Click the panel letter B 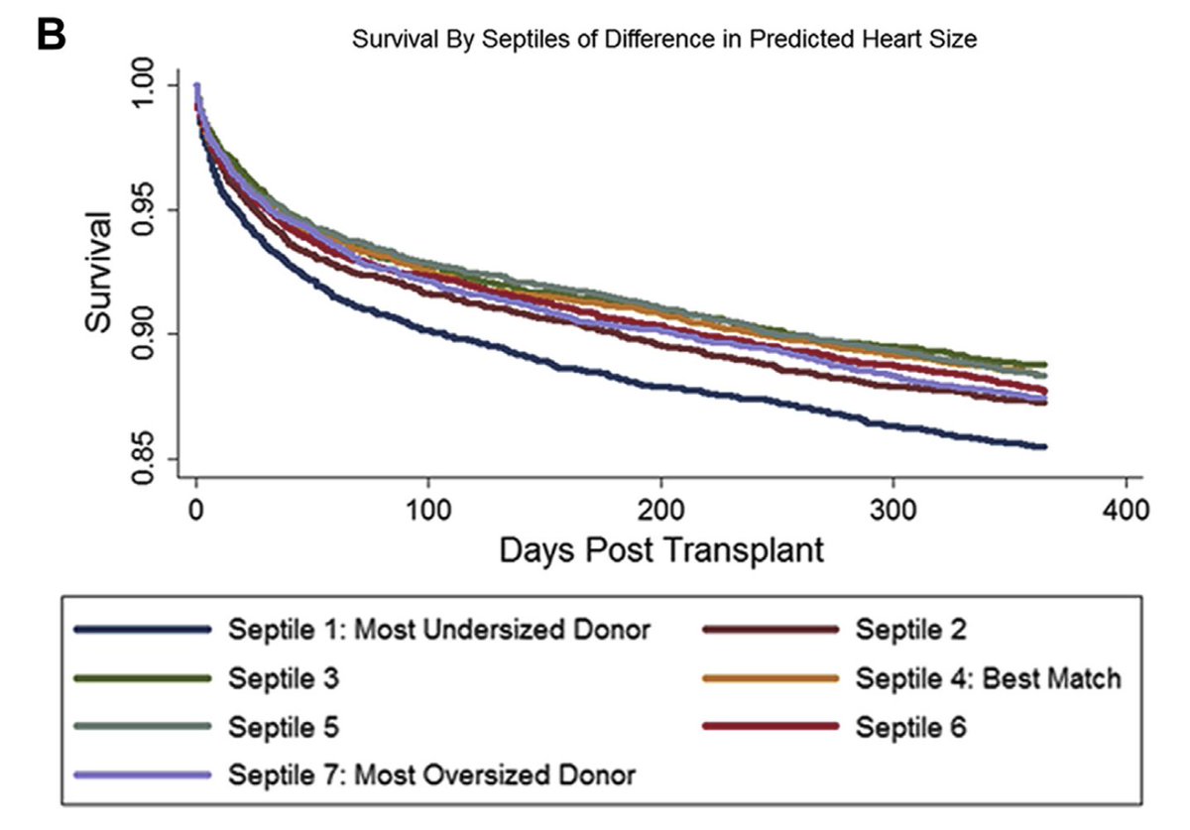tap(52, 36)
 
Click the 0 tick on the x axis tap(196, 512)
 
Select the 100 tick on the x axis tap(428, 512)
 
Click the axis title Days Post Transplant tap(661, 549)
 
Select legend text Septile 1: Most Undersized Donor tap(439, 629)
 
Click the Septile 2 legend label tap(911, 629)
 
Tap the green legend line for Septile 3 tap(142, 678)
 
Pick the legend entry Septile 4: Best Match tap(989, 678)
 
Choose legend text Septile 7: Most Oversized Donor tap(432, 774)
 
